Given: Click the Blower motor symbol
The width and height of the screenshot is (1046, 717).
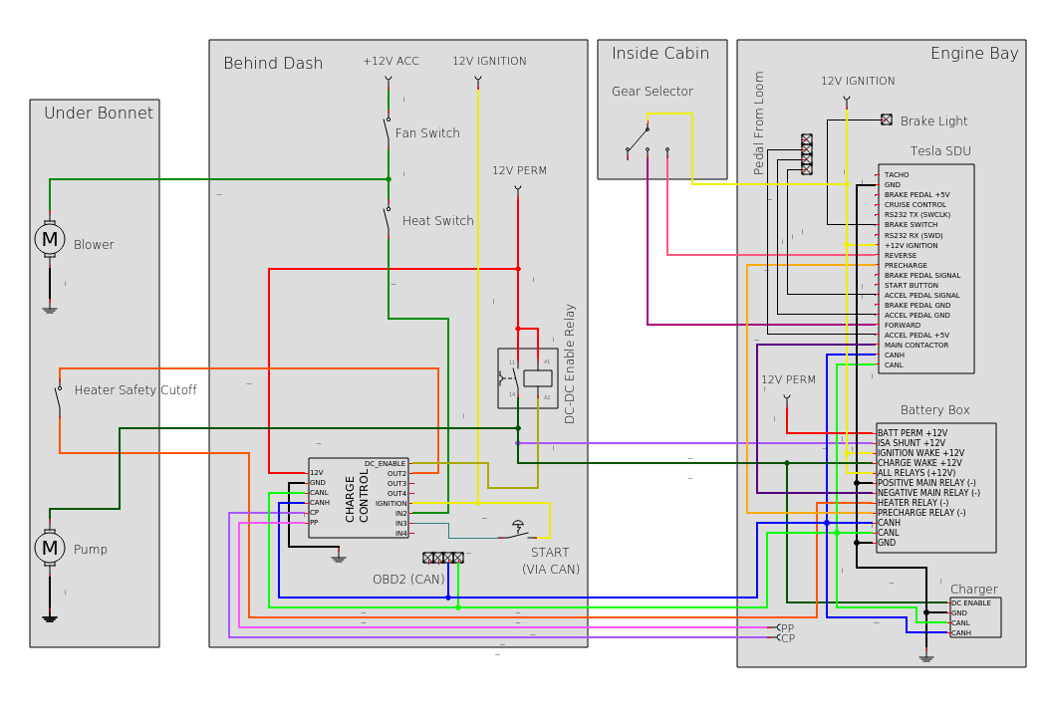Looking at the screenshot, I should coord(50,239).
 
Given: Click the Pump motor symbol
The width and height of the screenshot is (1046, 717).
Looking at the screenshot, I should coord(50,548).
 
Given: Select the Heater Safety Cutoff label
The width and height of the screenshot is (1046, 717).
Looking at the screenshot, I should coord(135,390).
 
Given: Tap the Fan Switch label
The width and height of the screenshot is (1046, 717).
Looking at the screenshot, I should coord(427,133).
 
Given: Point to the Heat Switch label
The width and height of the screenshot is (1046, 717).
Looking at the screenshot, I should coord(438,221).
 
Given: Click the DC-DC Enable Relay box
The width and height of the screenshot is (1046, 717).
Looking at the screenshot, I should coord(528,378).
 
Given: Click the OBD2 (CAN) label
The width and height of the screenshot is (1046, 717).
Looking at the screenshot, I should coord(408,580).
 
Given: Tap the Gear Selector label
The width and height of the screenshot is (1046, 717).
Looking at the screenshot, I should coord(653,92).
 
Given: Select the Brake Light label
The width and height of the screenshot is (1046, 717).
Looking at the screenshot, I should coord(934,121).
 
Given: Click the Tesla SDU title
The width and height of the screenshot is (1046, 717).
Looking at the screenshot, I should coord(940,151).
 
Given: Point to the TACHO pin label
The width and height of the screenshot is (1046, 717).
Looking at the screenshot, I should coord(897,175).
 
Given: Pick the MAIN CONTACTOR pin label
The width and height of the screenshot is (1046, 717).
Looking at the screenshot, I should coord(916,346).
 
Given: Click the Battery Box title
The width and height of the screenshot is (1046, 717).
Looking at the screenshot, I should coord(934,410).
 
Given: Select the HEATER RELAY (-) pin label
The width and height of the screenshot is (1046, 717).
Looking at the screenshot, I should coord(913,503).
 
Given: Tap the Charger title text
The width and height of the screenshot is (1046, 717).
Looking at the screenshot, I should coord(973,590).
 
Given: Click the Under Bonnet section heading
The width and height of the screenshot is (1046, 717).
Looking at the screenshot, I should coord(99,114).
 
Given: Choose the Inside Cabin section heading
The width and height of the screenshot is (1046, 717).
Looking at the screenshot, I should coord(660,54).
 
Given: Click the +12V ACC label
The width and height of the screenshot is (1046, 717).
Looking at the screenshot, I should coord(391,62).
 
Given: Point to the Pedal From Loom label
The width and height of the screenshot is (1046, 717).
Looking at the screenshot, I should coord(760,122).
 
